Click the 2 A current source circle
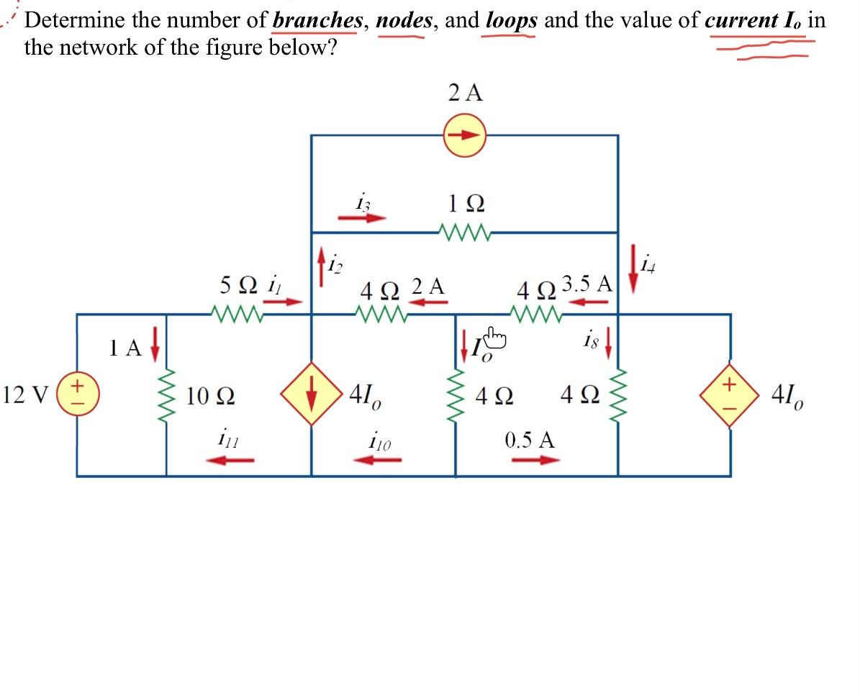point(465,135)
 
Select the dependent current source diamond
point(311,394)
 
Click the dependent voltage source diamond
point(730,395)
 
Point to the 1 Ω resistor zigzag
point(465,233)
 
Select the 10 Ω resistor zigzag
point(167,395)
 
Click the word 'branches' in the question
point(317,20)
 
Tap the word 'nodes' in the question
point(404,20)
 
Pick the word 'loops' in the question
point(511,20)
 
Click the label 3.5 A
point(587,283)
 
